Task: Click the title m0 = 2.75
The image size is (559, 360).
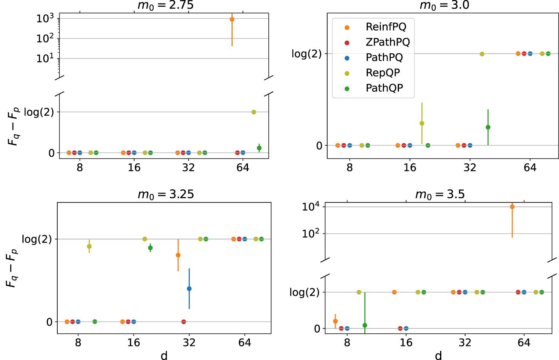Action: pos(165,5)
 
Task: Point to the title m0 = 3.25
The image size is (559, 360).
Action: pos(165,194)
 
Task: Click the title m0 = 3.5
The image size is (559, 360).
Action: pos(440,194)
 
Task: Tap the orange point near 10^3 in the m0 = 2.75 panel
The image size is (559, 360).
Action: pos(232,19)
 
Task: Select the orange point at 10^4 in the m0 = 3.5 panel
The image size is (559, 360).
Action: pos(512,207)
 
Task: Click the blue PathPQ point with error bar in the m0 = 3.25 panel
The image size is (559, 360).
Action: pos(189,289)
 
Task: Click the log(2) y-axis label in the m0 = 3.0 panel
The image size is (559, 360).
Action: pos(306,54)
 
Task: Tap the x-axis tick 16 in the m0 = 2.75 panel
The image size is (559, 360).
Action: pos(134,168)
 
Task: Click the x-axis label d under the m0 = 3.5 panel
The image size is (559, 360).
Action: pos(438,355)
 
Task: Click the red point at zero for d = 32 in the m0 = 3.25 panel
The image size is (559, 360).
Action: pos(184,322)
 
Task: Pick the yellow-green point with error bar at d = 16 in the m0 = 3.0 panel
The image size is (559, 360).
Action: pos(422,123)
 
